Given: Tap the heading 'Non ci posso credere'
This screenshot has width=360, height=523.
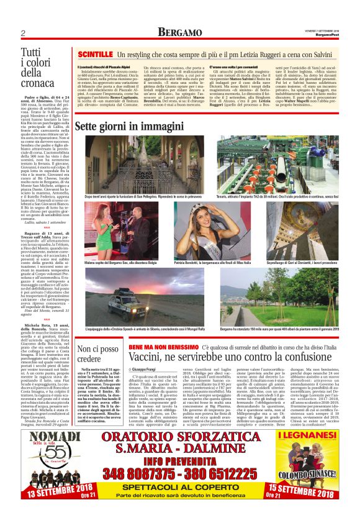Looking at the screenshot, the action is tap(97, 354).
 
